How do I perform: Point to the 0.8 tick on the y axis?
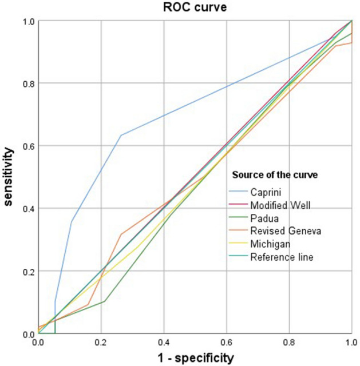28,83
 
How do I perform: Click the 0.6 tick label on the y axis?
28,146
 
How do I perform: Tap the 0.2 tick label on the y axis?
28,272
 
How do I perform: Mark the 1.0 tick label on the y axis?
28,21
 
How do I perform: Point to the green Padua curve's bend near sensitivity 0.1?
105,301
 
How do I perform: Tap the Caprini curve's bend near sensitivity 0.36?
72,221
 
